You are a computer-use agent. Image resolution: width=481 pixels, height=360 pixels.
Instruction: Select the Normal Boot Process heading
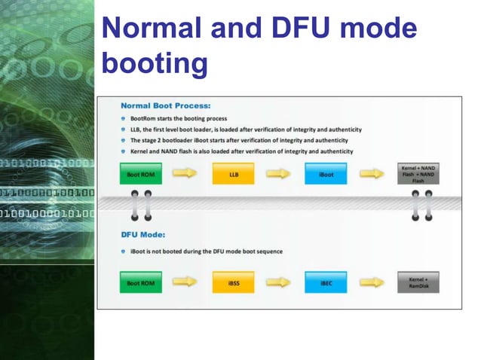click(165, 105)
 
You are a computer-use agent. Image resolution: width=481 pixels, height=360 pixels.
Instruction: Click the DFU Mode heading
click(143, 234)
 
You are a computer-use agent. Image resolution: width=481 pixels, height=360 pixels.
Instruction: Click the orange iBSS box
click(234, 283)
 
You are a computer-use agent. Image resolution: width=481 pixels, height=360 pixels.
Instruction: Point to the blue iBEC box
click(326, 283)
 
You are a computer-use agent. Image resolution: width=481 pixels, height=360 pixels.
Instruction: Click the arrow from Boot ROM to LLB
click(185, 173)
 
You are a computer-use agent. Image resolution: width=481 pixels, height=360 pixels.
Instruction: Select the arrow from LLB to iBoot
click(278, 173)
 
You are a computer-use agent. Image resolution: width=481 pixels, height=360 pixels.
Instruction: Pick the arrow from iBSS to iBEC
click(278, 283)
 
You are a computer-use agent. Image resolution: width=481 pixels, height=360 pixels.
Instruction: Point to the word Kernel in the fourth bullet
click(140, 151)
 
